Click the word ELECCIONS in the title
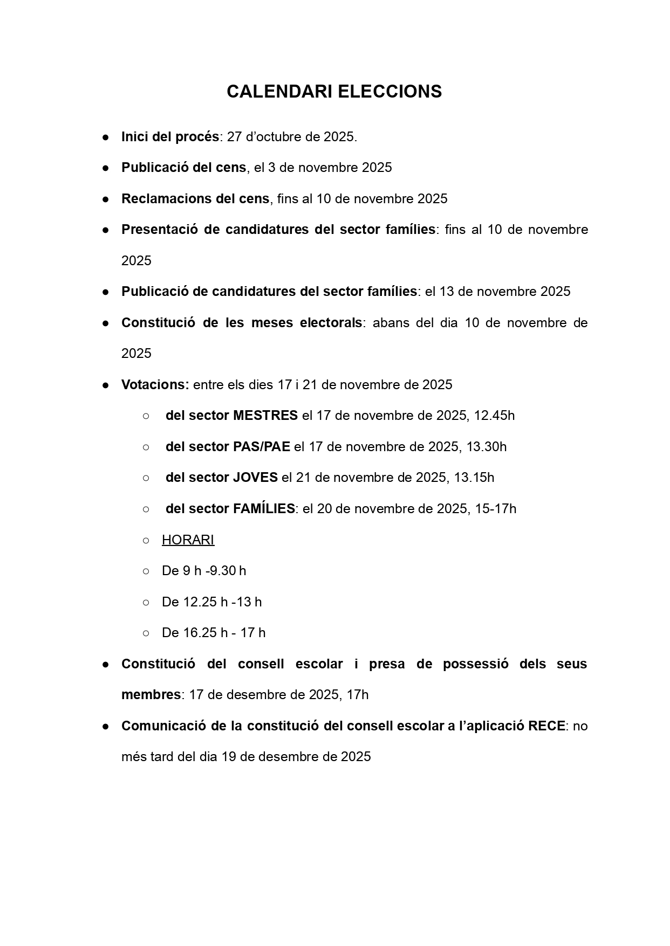coord(389,92)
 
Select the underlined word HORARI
coord(188,540)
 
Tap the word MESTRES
coord(265,416)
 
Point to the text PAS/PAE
coord(261,447)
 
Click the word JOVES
coord(255,478)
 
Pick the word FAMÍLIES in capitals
coord(264,509)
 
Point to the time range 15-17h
coord(495,509)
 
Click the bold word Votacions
coord(155,385)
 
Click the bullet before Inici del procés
coord(106,137)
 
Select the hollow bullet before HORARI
coord(146,540)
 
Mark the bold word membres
coord(151,695)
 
